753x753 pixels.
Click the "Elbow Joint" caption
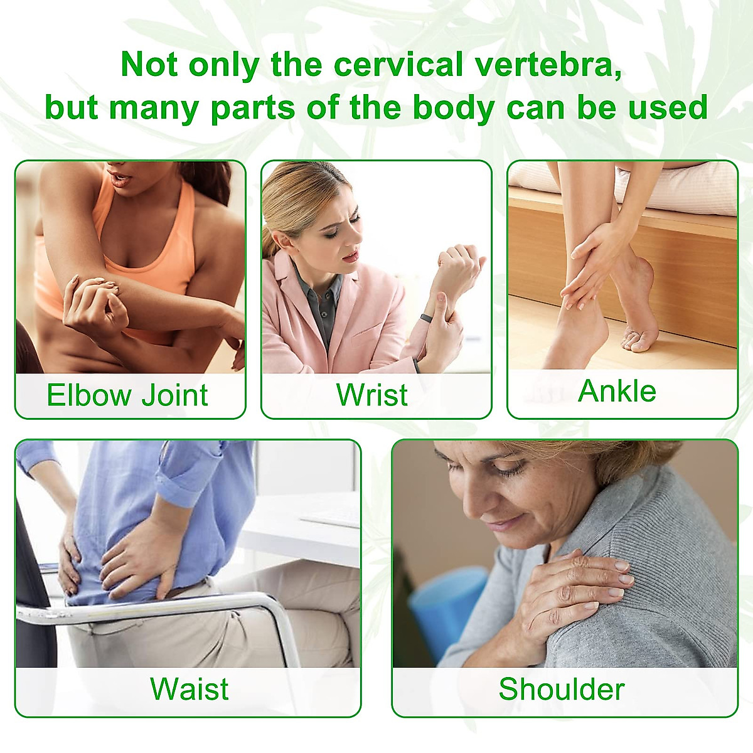(127, 395)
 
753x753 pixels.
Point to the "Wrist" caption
(372, 395)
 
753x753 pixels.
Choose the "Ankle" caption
(617, 391)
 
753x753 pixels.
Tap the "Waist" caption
(189, 688)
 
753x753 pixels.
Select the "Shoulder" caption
(561, 688)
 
